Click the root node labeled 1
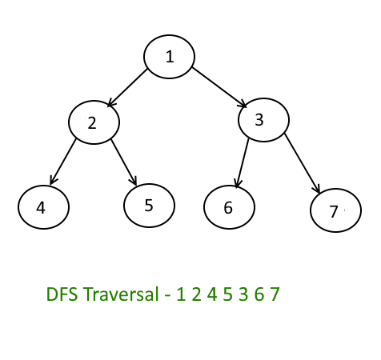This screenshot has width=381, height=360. tap(169, 57)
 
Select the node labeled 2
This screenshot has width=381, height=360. tap(94, 122)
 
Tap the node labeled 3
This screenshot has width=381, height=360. tap(263, 120)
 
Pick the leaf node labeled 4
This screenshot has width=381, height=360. tap(43, 207)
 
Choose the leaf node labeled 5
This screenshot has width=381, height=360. tap(150, 206)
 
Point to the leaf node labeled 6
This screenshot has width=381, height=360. tap(229, 207)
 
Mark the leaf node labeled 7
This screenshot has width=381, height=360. tap(335, 210)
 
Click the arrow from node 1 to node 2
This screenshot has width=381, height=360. tap(127, 88)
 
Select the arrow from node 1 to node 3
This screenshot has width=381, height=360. tap(219, 87)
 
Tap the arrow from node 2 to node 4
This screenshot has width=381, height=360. tap(63, 162)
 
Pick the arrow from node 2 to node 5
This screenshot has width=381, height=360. tap(124, 162)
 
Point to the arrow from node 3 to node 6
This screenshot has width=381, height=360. tap(243, 163)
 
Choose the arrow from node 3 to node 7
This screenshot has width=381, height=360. tap(302, 162)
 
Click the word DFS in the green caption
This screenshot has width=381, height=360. tap(62, 294)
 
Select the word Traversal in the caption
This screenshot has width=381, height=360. tap(121, 294)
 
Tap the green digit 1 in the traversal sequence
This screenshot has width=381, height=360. tap(181, 294)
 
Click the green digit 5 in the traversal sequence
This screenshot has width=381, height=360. tap(227, 294)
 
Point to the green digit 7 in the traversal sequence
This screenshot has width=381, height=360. tap(275, 294)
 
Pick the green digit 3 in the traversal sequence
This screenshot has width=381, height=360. tap(243, 294)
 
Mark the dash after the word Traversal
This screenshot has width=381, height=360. tap(167, 296)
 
